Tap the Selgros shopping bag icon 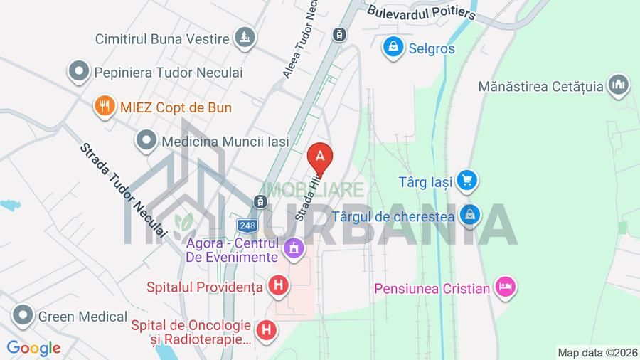[x=392, y=48]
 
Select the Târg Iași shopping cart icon [x=466, y=181]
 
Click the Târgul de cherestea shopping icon [x=469, y=213]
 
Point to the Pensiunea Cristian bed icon [x=506, y=287]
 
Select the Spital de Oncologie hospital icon [x=267, y=329]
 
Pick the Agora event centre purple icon [x=293, y=249]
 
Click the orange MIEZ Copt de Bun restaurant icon [x=105, y=107]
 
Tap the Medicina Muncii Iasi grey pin [x=146, y=140]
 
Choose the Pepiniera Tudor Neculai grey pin [x=79, y=72]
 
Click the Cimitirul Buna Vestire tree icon [x=245, y=37]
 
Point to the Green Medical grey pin [x=23, y=315]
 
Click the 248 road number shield [x=247, y=226]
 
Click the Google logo [x=33, y=349]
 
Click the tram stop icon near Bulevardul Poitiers [x=340, y=33]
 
